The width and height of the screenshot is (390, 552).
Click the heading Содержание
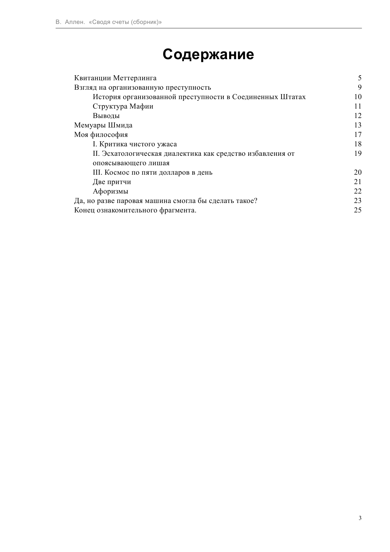(208, 54)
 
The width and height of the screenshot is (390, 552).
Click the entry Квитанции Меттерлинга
(115, 78)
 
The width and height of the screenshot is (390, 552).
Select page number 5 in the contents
(360, 78)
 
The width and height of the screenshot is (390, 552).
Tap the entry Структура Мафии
(123, 106)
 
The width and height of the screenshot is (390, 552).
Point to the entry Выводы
(106, 116)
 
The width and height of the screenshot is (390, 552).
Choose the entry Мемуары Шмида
(103, 125)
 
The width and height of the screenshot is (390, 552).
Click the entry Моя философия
(101, 135)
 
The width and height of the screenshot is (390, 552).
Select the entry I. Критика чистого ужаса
(135, 144)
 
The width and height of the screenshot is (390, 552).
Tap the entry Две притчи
(112, 182)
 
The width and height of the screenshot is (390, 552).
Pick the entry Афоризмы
(110, 191)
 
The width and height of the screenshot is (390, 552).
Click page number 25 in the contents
(358, 210)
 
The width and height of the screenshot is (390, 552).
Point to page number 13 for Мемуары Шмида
(358, 125)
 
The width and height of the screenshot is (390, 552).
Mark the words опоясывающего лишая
(131, 163)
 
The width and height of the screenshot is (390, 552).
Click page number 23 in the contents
(358, 201)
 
